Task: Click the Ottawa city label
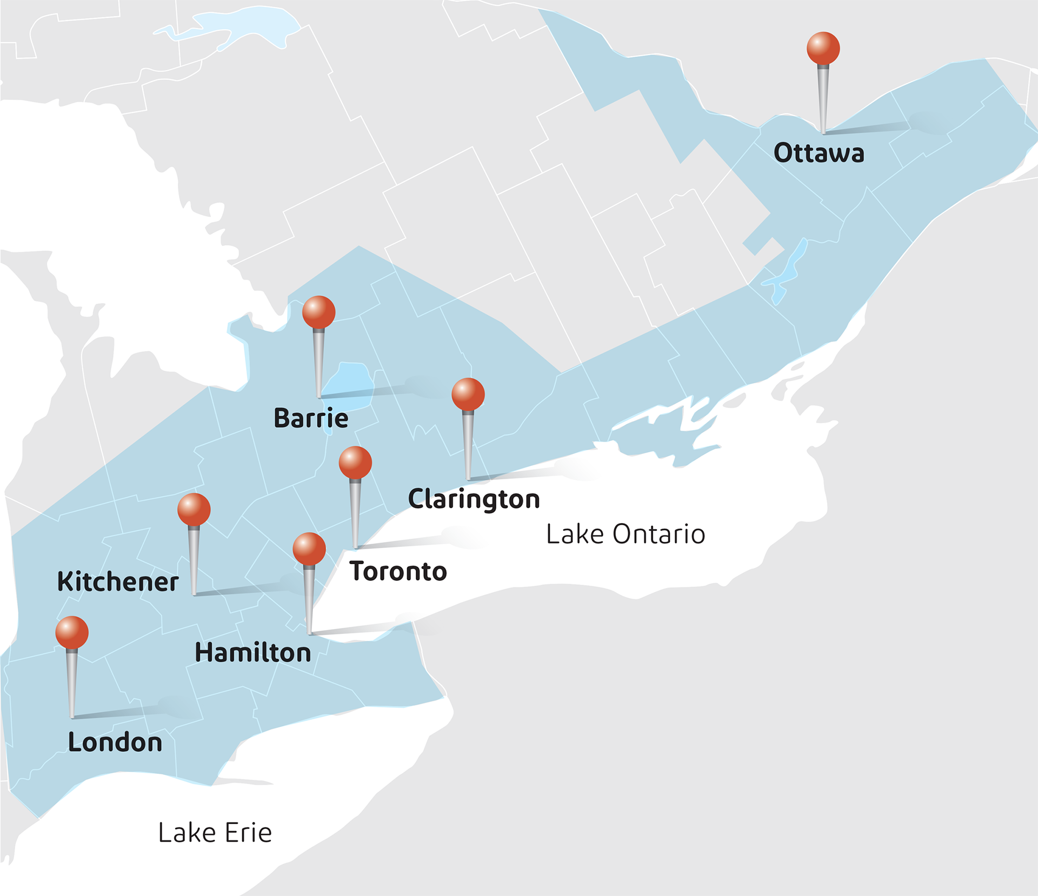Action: pos(819,153)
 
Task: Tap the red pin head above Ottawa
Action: pos(823,48)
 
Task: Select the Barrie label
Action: pos(311,418)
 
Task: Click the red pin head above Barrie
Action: pos(318,312)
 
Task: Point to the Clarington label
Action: pos(474,499)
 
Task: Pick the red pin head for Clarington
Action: pos(468,394)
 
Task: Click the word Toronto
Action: pos(398,572)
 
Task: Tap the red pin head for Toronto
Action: pos(355,463)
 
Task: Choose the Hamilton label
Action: pos(252,653)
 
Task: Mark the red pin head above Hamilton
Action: pos(309,549)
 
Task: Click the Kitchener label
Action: pos(117,582)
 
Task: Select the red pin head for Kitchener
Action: pos(194,509)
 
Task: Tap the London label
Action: pos(115,743)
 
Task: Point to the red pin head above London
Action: pos(71,632)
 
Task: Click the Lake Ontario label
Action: pos(626,534)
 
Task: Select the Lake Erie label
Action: pos(215,833)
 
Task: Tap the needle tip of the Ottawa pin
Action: pos(823,132)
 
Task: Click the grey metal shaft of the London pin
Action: pos(71,681)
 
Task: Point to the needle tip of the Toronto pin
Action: pos(355,547)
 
